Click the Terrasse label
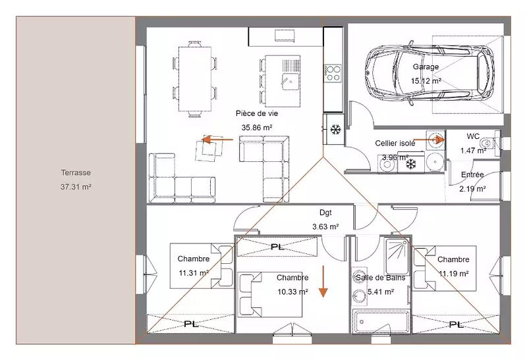coord(76,172)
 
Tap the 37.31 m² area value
coord(76,187)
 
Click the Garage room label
coord(426,67)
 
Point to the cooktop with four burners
coord(333,73)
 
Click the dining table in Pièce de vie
coord(195,79)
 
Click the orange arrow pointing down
coord(323,282)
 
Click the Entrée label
coord(472,174)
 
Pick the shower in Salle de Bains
coord(397,256)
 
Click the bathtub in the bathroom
coord(381,321)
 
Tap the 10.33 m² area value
coord(292,292)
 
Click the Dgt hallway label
coord(325,213)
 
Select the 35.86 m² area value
coord(257,128)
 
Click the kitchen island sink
coord(291,81)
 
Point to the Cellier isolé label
coord(395,143)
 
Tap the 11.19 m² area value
coord(454,274)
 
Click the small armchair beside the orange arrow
coord(210,149)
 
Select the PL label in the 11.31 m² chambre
coord(191,324)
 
